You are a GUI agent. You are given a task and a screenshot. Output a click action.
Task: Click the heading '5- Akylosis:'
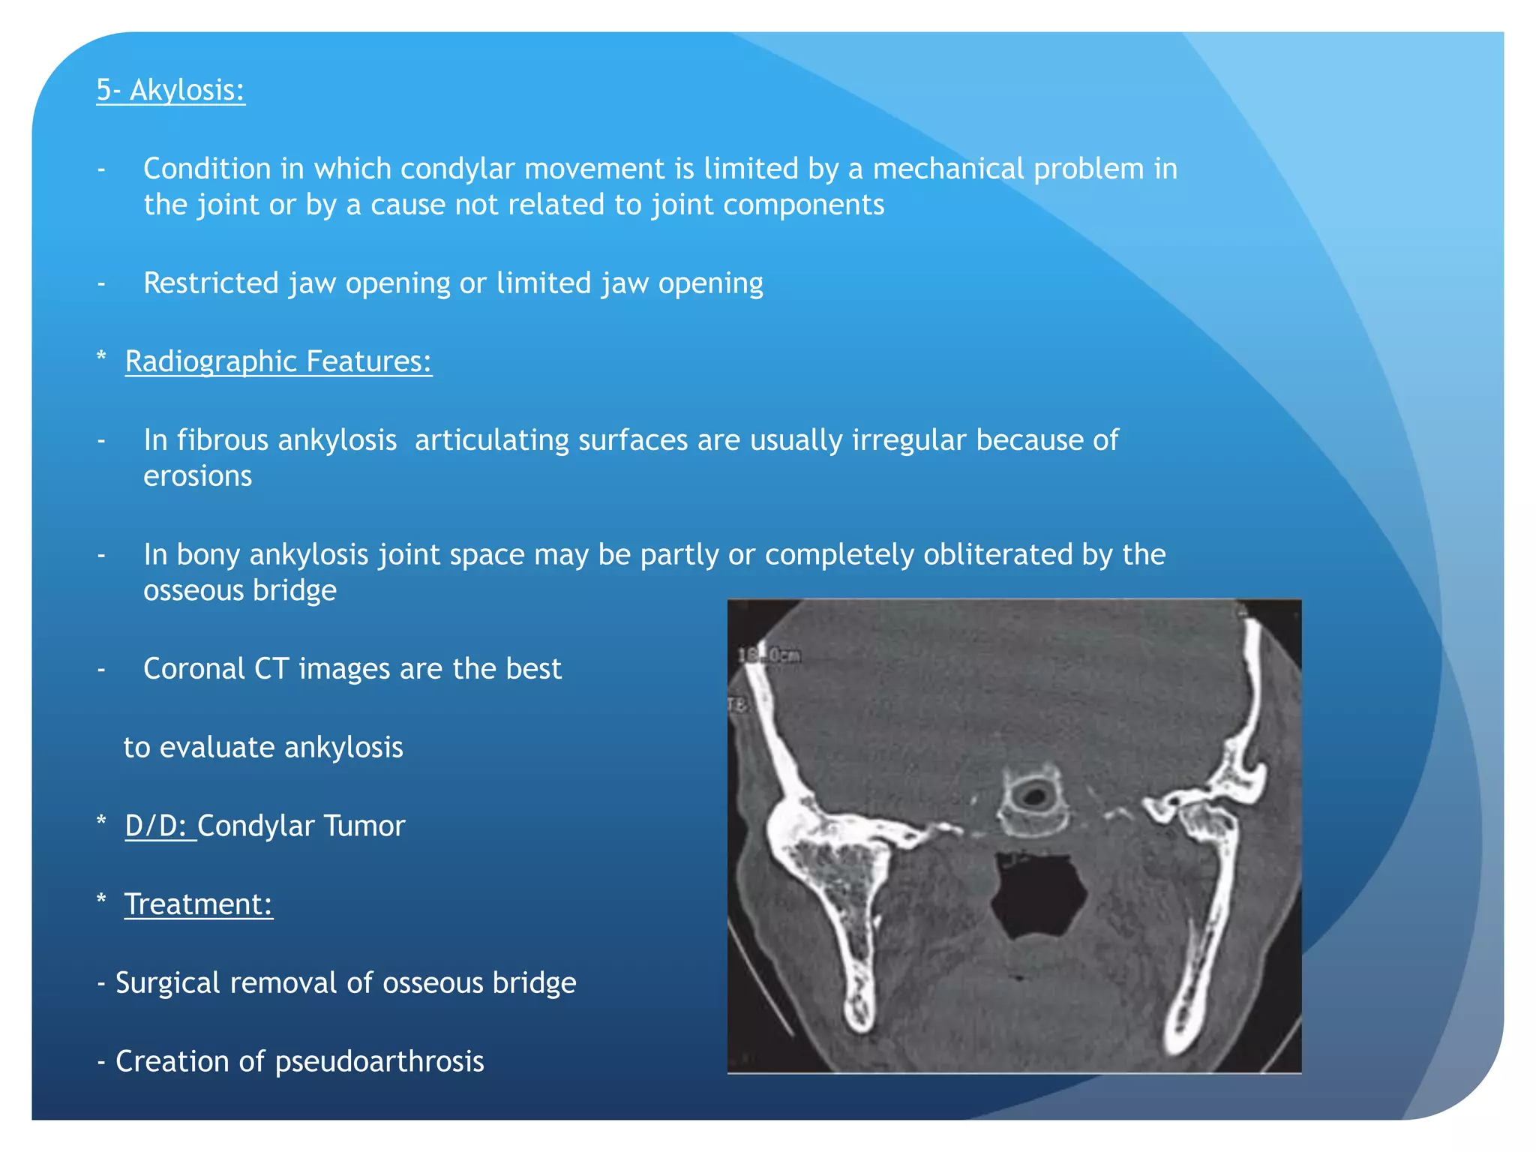(x=170, y=90)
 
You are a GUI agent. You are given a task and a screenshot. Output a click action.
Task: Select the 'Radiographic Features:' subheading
(x=278, y=361)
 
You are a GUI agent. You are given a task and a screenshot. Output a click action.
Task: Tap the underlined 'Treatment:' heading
(x=198, y=904)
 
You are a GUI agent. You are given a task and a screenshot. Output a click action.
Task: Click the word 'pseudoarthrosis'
(x=379, y=1062)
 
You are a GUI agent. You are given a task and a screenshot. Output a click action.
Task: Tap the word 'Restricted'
(x=211, y=283)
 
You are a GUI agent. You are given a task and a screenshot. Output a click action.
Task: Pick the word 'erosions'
(x=198, y=476)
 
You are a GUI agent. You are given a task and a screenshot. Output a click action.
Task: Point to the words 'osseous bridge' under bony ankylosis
(x=240, y=591)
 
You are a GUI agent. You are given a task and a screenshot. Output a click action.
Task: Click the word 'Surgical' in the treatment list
(x=167, y=983)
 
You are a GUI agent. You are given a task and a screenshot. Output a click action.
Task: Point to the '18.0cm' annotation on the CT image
(x=769, y=656)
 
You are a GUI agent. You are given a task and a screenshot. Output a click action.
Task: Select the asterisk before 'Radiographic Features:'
(x=101, y=357)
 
